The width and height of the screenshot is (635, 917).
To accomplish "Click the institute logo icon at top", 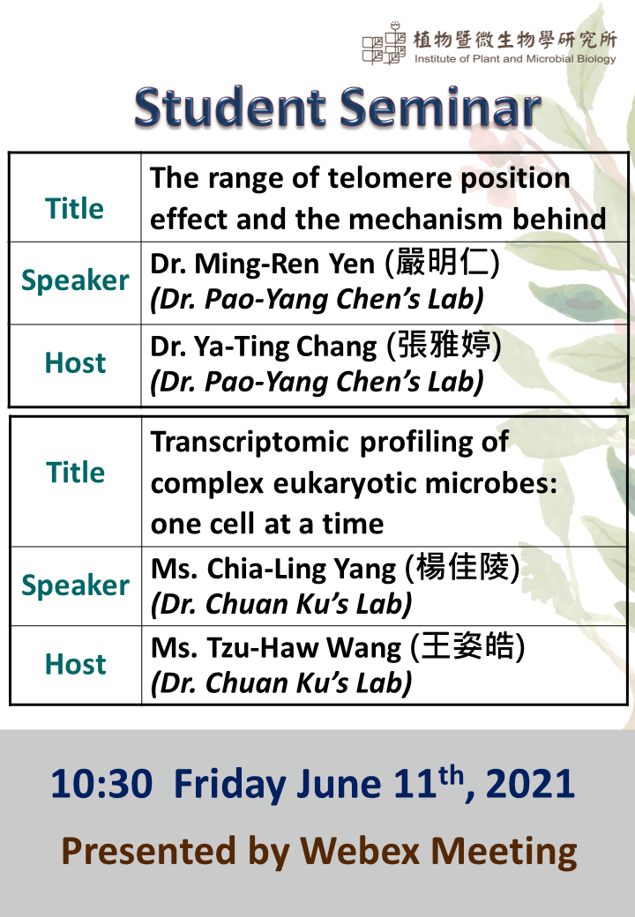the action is [384, 43].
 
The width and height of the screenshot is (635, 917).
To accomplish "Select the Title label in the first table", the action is [75, 208].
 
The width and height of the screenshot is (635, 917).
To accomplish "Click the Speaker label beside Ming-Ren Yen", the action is [76, 280].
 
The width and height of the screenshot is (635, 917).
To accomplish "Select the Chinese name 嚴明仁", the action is [443, 262].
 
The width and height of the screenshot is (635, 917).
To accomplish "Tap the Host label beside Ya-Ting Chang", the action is [76, 362].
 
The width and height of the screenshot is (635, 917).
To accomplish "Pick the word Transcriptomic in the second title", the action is [250, 442].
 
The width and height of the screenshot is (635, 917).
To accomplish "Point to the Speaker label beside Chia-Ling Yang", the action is [76, 585].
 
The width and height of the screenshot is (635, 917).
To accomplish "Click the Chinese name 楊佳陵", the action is [462, 567].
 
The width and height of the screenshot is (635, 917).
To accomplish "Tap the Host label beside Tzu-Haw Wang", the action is [76, 664].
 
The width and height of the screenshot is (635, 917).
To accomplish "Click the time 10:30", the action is [101, 784].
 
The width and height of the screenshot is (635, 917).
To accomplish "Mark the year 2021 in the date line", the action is [530, 784].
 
